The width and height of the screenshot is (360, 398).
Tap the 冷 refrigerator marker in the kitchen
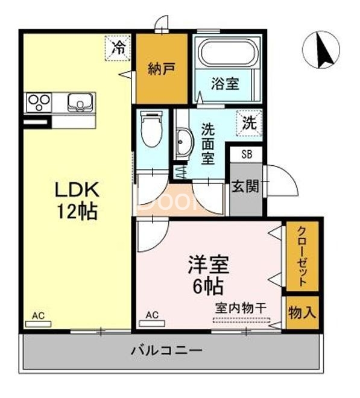point(119,48)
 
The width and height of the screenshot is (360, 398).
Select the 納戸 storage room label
point(161,69)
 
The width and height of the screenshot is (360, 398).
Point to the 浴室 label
point(225,83)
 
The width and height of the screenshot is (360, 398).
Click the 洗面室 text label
point(208,144)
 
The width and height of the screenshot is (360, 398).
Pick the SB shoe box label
point(247,154)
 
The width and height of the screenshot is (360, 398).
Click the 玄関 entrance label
point(245,186)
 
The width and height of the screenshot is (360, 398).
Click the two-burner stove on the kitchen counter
point(37,101)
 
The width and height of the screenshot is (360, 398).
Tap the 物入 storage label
point(302,313)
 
